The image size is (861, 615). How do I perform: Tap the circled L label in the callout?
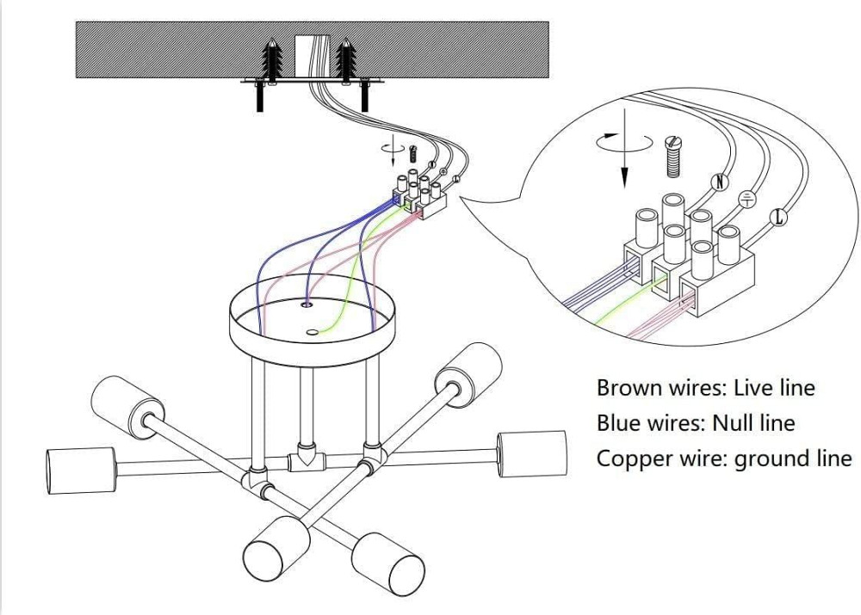pos(779,217)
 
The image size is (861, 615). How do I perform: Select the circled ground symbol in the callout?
pos(748,199)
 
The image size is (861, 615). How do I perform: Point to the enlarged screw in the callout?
pos(673,157)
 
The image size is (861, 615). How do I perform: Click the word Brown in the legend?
pos(629,388)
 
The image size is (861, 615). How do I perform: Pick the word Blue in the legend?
pos(617,423)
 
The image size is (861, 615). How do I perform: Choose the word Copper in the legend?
pos(634,458)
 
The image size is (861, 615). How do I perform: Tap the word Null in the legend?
pos(734,423)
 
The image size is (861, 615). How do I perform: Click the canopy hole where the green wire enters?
pos(313,330)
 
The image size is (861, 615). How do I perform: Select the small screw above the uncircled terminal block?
pos(412,155)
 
